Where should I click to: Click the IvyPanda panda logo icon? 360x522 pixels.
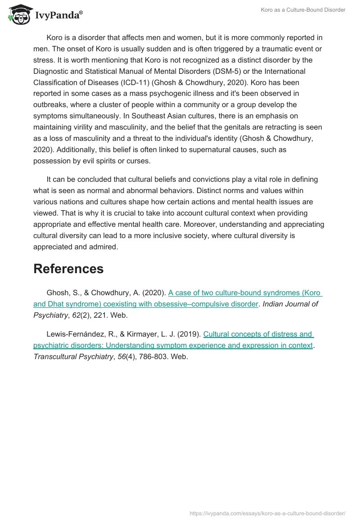(x=18, y=15)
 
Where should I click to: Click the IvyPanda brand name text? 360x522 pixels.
(x=58, y=16)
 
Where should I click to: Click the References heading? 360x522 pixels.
(x=68, y=269)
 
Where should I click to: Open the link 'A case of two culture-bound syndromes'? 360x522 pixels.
(x=245, y=292)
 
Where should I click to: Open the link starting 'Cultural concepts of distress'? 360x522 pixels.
(x=258, y=334)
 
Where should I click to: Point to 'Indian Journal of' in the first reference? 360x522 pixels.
(x=290, y=304)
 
